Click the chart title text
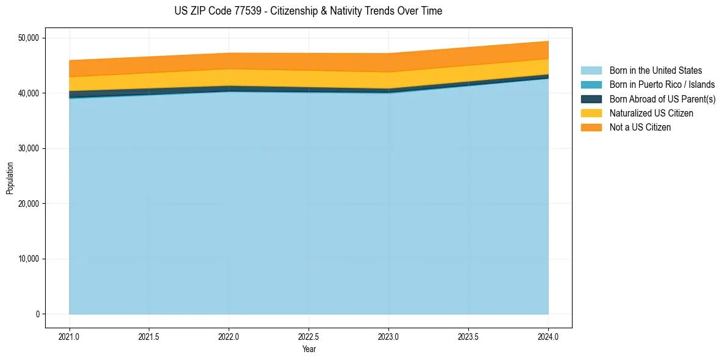(308, 11)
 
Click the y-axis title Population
(10, 178)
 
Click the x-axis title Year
(309, 349)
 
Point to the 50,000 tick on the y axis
(29, 38)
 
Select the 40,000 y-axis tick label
(29, 93)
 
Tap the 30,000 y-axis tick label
(29, 148)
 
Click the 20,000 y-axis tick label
(29, 204)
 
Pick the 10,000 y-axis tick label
(29, 259)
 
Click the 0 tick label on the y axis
(37, 314)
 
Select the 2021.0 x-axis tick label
(70, 336)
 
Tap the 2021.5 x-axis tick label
(149, 336)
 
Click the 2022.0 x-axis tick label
(229, 336)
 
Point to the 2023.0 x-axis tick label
(388, 336)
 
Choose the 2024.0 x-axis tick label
(548, 336)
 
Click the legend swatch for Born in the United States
(591, 71)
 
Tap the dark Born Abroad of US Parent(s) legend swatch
(591, 99)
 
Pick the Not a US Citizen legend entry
(640, 127)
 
